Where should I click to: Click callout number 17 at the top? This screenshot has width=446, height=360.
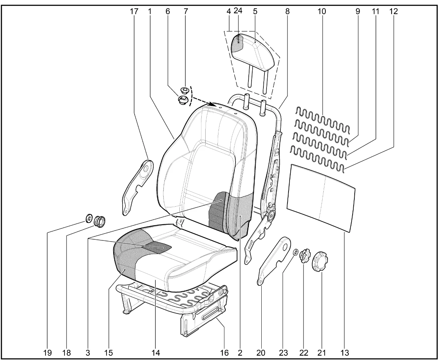(x=134, y=11)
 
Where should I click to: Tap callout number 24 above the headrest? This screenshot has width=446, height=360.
(x=238, y=10)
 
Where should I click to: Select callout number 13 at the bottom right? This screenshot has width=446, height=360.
(x=345, y=353)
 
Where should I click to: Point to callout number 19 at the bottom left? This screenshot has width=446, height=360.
(x=47, y=353)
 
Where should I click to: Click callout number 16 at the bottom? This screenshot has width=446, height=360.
(x=224, y=353)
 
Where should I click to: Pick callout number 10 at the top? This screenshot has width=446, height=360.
(x=322, y=11)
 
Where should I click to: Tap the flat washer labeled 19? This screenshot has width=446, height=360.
(x=89, y=218)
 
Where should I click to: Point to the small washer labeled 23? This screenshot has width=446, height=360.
(x=295, y=252)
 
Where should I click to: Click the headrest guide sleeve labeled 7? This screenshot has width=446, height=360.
(x=184, y=90)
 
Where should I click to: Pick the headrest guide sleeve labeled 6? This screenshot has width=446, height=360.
(x=183, y=99)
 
